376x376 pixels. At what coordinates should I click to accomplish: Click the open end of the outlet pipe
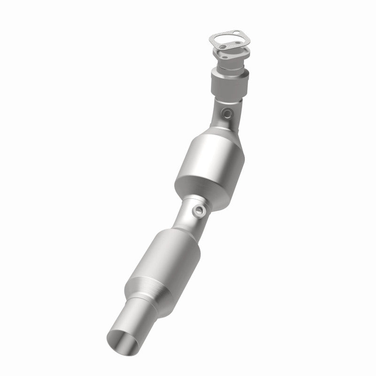123,345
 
